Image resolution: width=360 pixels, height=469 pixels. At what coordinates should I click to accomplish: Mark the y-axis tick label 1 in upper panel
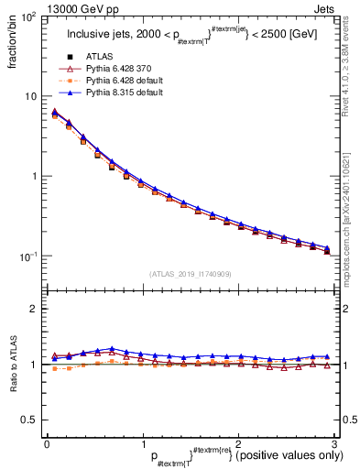click(34, 176)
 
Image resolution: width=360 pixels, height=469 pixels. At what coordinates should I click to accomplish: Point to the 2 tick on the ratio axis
click(34, 309)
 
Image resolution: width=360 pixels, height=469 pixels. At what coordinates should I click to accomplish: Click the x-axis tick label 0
click(47, 442)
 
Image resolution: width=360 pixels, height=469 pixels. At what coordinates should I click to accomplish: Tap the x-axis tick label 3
click(334, 442)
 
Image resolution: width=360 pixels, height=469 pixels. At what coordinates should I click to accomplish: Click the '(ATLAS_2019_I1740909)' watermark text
click(190, 274)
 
